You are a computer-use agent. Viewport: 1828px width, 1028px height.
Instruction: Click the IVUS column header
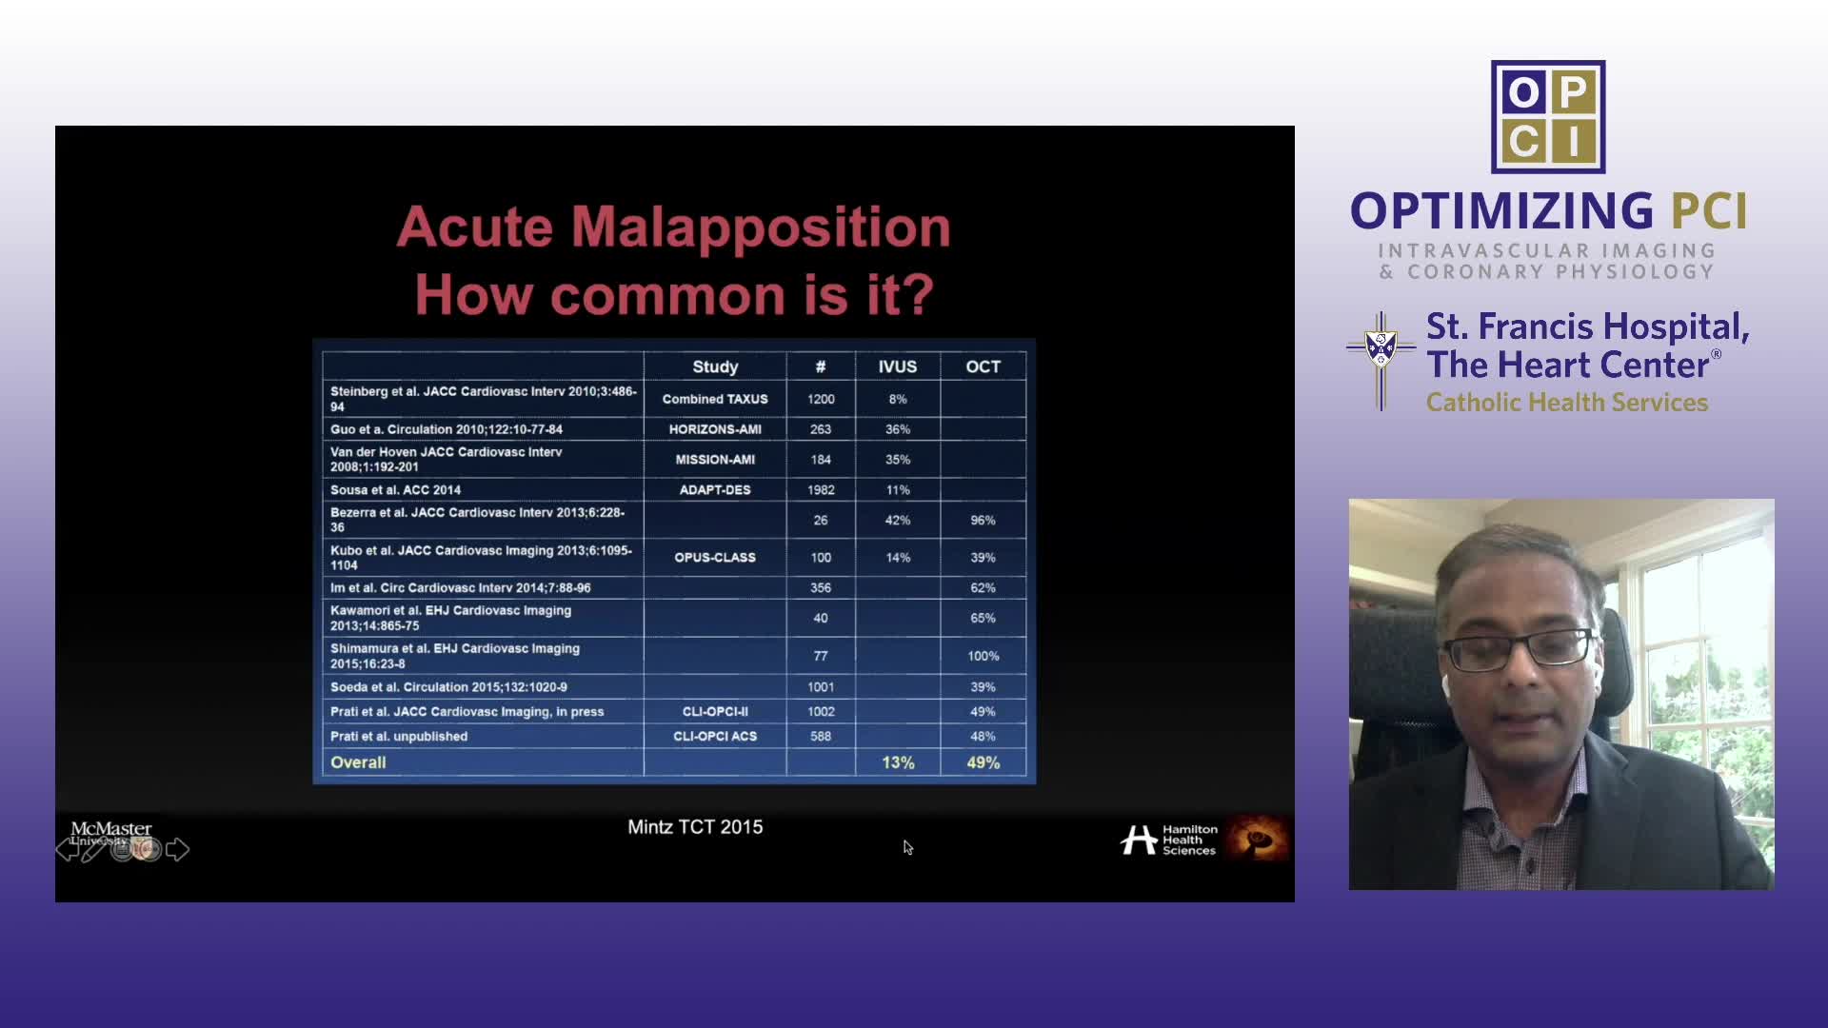click(x=898, y=366)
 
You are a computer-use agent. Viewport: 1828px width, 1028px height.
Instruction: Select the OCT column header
click(x=983, y=366)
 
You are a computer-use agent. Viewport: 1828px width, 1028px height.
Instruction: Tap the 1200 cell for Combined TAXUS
click(x=821, y=399)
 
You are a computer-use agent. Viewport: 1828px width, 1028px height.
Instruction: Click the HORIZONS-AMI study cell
click(x=715, y=429)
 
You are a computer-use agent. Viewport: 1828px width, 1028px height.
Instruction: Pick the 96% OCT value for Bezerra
click(x=983, y=521)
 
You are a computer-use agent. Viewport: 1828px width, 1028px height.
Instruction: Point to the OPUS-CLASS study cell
click(x=715, y=558)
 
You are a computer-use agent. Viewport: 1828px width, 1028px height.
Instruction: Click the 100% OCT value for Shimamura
click(x=983, y=656)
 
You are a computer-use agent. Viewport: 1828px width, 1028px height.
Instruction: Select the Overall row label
click(x=358, y=762)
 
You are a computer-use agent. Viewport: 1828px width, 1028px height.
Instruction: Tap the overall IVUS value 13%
click(x=898, y=762)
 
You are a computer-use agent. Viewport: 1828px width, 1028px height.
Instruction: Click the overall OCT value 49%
click(x=983, y=762)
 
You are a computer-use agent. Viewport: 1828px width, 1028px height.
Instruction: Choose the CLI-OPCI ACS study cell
click(x=715, y=737)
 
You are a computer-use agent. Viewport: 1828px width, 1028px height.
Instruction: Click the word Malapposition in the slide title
click(x=761, y=228)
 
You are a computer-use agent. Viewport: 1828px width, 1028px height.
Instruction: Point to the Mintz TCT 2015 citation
click(x=695, y=827)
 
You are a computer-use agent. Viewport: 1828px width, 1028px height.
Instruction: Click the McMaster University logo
click(x=111, y=834)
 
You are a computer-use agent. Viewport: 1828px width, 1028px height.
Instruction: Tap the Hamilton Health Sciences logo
click(x=1168, y=840)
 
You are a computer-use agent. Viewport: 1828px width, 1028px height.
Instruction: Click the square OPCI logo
click(x=1548, y=117)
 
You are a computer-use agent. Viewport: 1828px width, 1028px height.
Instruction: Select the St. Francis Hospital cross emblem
click(x=1381, y=361)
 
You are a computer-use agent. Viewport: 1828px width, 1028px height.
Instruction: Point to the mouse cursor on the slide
click(x=907, y=847)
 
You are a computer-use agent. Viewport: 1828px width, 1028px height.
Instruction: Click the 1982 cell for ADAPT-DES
click(x=821, y=490)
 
